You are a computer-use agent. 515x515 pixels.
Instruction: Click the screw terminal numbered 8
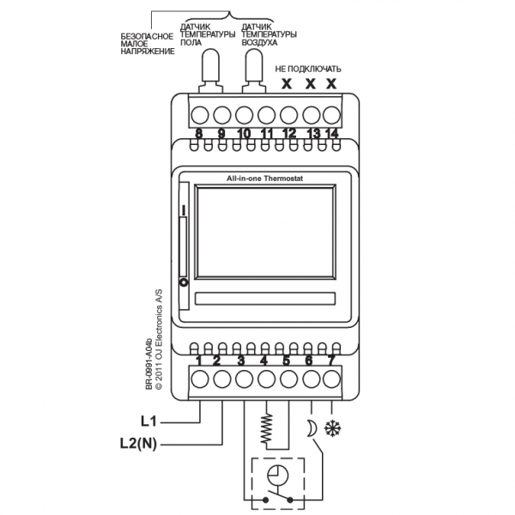(x=200, y=115)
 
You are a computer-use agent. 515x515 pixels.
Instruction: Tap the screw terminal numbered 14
(x=331, y=115)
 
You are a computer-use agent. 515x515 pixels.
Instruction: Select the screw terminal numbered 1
(x=200, y=379)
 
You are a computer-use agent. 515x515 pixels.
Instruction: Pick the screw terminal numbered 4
(x=266, y=379)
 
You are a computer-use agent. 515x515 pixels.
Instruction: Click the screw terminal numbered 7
(x=331, y=379)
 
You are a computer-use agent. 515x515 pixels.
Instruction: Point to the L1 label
(x=148, y=421)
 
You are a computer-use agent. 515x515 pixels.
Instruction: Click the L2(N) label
(x=138, y=444)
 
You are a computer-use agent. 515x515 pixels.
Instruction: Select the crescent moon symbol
(x=312, y=428)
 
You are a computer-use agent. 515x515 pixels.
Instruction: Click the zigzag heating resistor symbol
(x=266, y=428)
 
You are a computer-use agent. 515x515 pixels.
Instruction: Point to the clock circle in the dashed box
(x=277, y=476)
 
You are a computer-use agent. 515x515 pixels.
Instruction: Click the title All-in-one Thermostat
(x=264, y=179)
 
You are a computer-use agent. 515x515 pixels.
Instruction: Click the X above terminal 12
(x=287, y=84)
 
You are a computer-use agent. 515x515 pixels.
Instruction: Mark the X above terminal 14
(x=331, y=84)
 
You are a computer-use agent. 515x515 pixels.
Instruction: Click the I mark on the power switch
(x=184, y=210)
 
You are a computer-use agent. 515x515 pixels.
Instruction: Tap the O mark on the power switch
(x=184, y=282)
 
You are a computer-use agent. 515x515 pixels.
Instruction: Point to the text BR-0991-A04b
(x=148, y=364)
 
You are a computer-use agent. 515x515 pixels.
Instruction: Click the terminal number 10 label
(x=244, y=134)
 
